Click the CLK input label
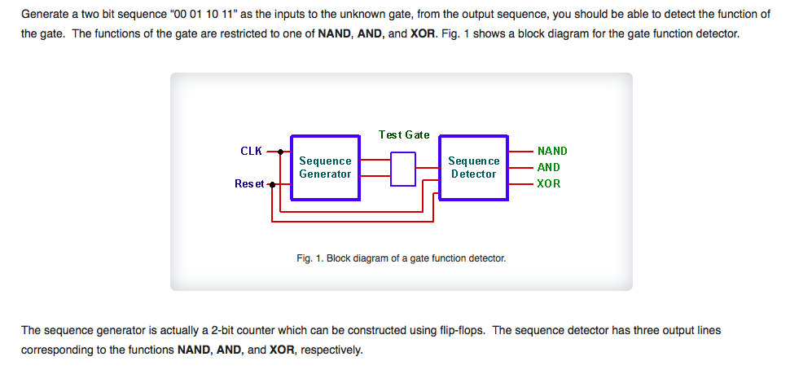point(251,151)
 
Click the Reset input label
point(249,184)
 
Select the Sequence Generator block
point(325,167)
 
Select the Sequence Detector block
point(473,167)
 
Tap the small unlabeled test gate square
point(403,169)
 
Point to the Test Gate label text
point(404,134)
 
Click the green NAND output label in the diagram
point(552,151)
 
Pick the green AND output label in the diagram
point(549,167)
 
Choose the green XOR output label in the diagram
point(549,183)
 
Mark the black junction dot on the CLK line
point(280,152)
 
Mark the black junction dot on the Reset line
point(271,184)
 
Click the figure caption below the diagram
point(402,258)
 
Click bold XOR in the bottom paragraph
point(281,350)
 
